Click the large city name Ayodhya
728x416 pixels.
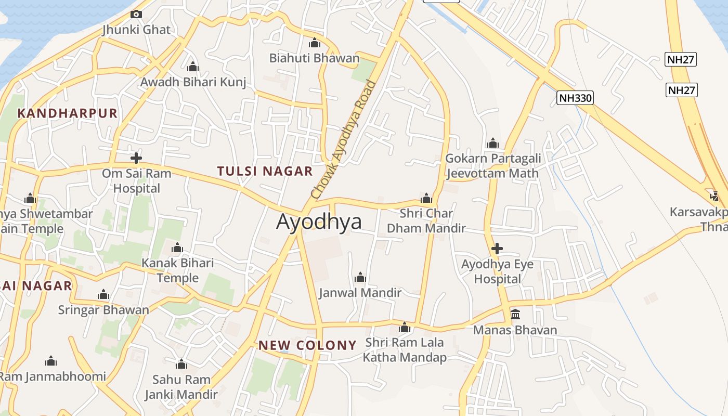319,222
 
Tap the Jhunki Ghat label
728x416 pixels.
136,30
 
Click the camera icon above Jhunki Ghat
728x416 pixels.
136,15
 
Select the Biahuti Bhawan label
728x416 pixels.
314,58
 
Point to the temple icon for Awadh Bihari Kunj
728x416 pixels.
193,67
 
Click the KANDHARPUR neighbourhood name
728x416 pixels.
68,113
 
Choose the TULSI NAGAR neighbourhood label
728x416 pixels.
265,171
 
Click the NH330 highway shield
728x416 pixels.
575,98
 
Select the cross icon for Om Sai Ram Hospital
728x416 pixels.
136,158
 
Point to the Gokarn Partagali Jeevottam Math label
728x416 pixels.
493,166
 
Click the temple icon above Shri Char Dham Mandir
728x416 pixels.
426,198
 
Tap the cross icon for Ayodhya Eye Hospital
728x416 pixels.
497,249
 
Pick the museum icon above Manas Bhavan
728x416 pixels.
515,314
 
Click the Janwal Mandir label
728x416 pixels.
360,293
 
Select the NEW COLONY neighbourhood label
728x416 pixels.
307,345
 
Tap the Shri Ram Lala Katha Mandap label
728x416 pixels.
405,350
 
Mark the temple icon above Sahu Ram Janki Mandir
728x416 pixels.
181,364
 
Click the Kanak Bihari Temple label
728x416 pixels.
177,270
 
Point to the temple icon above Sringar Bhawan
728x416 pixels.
103,295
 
